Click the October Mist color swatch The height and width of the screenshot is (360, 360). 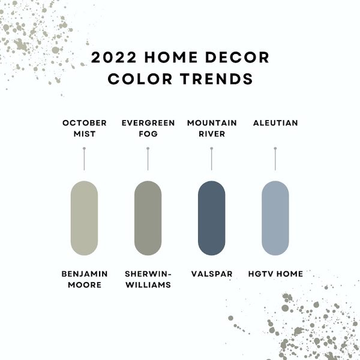tap(84, 218)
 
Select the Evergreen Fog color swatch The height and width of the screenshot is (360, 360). tap(148, 218)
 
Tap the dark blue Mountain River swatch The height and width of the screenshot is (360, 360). tap(211, 218)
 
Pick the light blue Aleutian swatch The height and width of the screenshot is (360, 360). tap(275, 218)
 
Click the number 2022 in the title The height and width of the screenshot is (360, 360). tap(114, 58)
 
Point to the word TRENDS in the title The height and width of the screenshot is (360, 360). tap(217, 79)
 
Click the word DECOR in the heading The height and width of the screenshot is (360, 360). tap(237, 58)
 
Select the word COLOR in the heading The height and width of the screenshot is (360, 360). tap(140, 79)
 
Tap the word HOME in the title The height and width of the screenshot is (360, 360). tap(171, 58)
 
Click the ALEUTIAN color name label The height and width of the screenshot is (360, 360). tap(275, 123)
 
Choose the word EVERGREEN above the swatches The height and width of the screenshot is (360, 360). tap(148, 123)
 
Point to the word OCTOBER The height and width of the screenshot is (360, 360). tap(85, 123)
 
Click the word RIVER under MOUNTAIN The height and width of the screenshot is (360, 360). tap(212, 134)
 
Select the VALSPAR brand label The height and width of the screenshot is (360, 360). tap(212, 274)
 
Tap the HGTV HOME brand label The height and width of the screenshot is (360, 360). tap(275, 274)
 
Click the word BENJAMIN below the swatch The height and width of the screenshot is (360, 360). tap(85, 274)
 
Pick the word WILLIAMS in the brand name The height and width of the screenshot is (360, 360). tap(148, 285)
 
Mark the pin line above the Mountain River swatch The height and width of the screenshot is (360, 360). tap(211, 159)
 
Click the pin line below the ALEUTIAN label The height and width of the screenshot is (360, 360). tap(275, 159)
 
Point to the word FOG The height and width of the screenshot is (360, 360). tap(148, 134)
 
